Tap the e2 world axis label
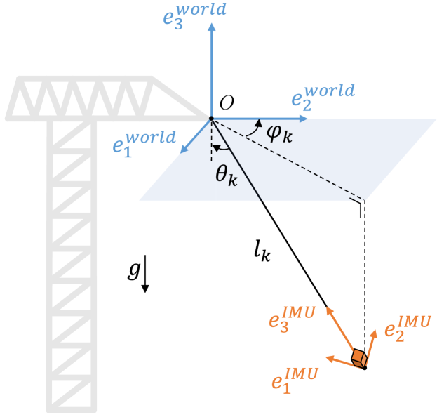pyautogui.click(x=323, y=97)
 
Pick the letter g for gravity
pyautogui.click(x=133, y=270)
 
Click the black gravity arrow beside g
pyautogui.click(x=145, y=277)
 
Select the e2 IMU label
pyautogui.click(x=408, y=326)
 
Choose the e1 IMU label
pyautogui.click(x=294, y=378)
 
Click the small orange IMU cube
pyautogui.click(x=360, y=359)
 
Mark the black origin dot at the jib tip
pyautogui.click(x=211, y=119)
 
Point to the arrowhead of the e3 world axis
pyautogui.click(x=211, y=27)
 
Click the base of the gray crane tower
pyautogui.click(x=70, y=406)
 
